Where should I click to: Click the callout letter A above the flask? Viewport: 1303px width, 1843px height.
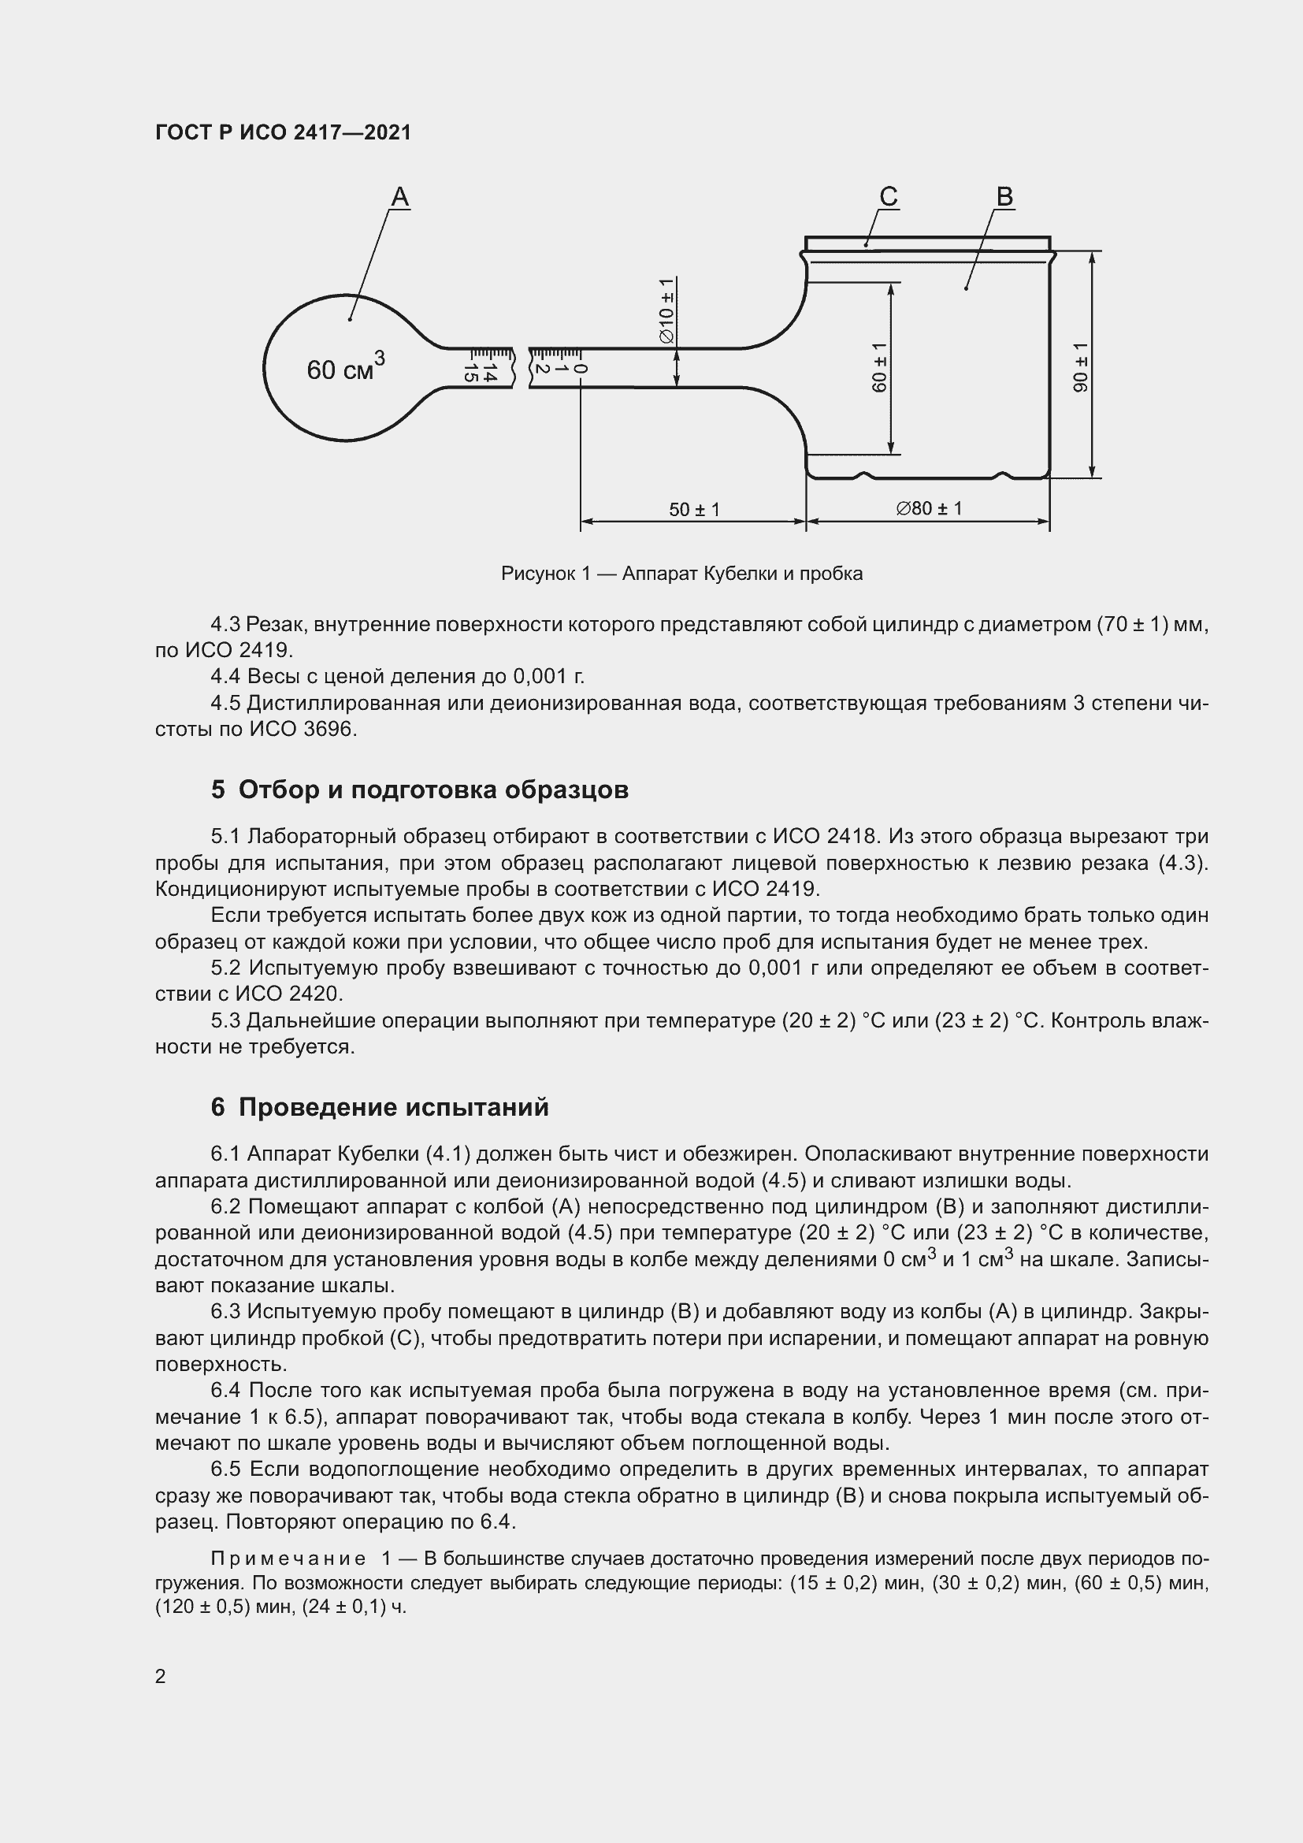pos(399,197)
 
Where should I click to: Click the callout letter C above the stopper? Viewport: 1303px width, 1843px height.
pos(888,197)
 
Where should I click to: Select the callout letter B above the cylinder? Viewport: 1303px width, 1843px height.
pos(1004,197)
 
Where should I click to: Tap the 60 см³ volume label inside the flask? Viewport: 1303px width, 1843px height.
pos(345,369)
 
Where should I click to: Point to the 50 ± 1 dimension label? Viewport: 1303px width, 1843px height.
pos(694,510)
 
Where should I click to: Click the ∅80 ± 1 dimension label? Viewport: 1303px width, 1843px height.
pos(928,508)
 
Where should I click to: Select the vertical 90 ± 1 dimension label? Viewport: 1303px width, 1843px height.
pos(1081,368)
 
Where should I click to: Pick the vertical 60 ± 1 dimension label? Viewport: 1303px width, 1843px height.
pos(879,368)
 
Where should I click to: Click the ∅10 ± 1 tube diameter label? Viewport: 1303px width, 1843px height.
pos(666,311)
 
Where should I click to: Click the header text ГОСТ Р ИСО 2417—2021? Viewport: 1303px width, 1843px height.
pos(283,132)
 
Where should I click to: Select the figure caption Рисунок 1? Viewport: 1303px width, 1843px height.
pos(681,573)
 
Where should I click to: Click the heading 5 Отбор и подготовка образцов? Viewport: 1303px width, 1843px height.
pos(420,790)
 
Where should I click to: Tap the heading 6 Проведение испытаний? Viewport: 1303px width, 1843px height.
pos(380,1107)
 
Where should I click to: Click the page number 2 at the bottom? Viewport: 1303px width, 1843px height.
pos(161,1677)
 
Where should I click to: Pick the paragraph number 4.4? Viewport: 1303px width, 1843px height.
pos(225,676)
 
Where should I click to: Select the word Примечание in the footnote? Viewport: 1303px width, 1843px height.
pos(288,1558)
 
